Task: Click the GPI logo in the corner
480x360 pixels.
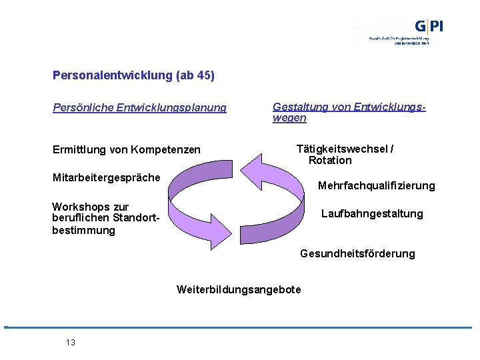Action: (x=428, y=27)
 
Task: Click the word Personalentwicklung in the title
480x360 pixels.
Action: (x=114, y=76)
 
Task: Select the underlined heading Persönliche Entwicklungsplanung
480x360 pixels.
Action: (x=139, y=107)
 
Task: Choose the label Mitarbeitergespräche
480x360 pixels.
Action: (x=106, y=177)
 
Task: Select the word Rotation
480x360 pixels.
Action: (x=330, y=160)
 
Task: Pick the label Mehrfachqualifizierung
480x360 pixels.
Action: (x=376, y=185)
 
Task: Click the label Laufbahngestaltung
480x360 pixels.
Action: (x=372, y=213)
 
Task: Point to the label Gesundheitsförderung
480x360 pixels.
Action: (x=357, y=253)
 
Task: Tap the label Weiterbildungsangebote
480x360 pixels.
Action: (x=239, y=289)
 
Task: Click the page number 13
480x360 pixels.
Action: (x=71, y=343)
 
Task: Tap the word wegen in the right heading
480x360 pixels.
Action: (x=289, y=118)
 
